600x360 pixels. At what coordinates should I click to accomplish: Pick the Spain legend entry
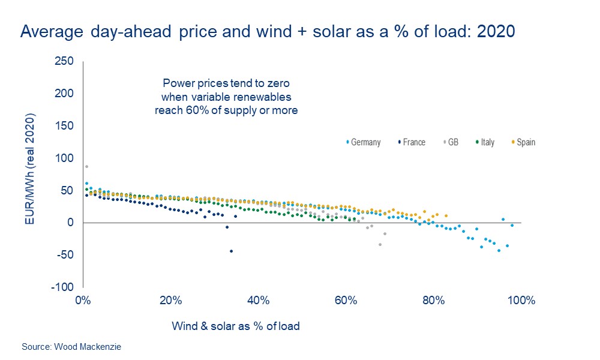tap(523, 142)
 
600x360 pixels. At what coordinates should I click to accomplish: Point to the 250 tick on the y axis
tap(64, 61)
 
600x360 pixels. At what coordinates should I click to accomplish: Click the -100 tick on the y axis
tap(62, 287)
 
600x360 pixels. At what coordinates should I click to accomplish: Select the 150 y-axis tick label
tap(64, 126)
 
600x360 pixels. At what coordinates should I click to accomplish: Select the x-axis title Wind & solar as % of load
tap(236, 326)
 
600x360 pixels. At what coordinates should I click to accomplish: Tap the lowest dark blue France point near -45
tap(231, 251)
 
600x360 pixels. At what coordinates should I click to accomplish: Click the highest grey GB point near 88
tap(86, 166)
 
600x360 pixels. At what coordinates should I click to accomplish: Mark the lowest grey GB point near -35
tap(380, 244)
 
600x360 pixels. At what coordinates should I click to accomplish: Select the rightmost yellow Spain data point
tap(446, 215)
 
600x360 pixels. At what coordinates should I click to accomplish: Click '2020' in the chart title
tap(496, 32)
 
